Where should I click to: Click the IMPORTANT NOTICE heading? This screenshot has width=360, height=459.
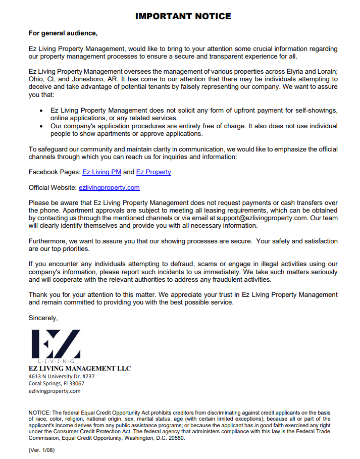click(183, 16)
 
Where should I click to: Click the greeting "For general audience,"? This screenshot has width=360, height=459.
click(63, 33)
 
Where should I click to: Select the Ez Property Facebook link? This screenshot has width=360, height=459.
click(153, 172)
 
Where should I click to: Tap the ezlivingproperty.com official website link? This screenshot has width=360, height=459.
click(109, 188)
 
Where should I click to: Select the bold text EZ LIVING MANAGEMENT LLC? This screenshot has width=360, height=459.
click(80, 369)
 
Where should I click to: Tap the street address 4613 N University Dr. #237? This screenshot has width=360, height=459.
click(62, 376)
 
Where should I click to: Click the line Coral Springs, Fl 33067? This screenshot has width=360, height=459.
click(56, 383)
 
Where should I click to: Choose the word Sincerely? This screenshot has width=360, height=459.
click(43, 318)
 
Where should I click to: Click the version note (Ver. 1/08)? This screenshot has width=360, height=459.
click(41, 450)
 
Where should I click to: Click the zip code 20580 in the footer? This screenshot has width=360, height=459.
click(175, 438)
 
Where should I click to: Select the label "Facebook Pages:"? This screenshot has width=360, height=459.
click(55, 172)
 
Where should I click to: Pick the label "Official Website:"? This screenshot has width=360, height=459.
click(53, 188)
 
